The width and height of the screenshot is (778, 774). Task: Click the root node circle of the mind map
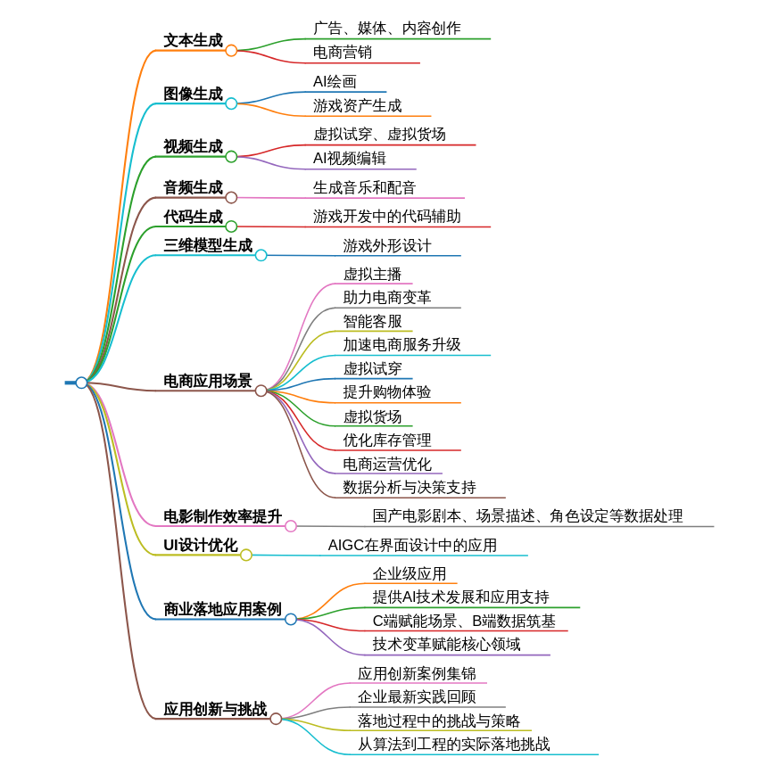pyautogui.click(x=81, y=383)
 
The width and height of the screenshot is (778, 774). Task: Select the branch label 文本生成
pyautogui.click(x=193, y=40)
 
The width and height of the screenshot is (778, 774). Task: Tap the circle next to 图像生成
pyautogui.click(x=231, y=103)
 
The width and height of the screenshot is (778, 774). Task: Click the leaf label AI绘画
pyautogui.click(x=335, y=81)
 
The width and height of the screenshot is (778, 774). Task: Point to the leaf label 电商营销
pyautogui.click(x=343, y=52)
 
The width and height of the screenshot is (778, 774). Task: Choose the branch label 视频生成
pyautogui.click(x=193, y=146)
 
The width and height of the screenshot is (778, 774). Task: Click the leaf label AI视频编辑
pyautogui.click(x=350, y=158)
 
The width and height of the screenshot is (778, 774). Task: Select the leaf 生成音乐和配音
pyautogui.click(x=364, y=187)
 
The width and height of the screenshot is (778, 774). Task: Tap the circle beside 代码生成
pyautogui.click(x=231, y=226)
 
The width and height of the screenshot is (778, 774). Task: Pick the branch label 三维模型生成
pyautogui.click(x=208, y=245)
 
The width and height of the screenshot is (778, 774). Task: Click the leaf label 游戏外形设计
pyautogui.click(x=387, y=245)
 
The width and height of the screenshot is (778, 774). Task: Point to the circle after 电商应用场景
pyautogui.click(x=261, y=391)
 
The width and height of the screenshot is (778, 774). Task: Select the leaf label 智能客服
pyautogui.click(x=373, y=321)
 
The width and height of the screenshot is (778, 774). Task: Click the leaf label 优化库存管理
pyautogui.click(x=387, y=440)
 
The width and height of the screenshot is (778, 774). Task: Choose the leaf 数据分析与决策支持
pyautogui.click(x=410, y=487)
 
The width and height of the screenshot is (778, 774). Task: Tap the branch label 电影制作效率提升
pyautogui.click(x=222, y=516)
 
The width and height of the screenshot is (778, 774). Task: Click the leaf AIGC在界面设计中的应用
pyautogui.click(x=412, y=545)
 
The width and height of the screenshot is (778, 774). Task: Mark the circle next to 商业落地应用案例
pyautogui.click(x=291, y=619)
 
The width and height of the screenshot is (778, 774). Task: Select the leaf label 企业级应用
pyautogui.click(x=410, y=573)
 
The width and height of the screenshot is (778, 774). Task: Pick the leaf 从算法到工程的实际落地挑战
pyautogui.click(x=454, y=744)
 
